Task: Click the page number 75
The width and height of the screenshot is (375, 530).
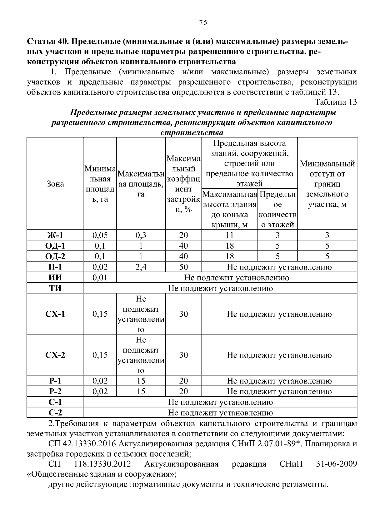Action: (x=203, y=22)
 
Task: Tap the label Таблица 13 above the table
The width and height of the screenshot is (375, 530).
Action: (x=336, y=102)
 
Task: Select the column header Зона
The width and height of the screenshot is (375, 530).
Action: (x=55, y=184)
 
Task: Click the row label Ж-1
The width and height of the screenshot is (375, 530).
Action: (x=55, y=235)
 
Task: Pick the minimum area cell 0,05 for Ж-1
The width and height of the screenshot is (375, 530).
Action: (x=100, y=235)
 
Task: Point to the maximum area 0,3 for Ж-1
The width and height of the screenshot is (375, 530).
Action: (x=141, y=235)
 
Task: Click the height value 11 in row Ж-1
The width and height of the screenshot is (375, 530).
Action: (x=230, y=235)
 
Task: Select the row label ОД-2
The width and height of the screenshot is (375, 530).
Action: (x=55, y=256)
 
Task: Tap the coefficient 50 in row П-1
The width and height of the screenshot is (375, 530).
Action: (x=183, y=267)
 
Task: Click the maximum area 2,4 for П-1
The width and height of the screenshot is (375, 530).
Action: (x=141, y=267)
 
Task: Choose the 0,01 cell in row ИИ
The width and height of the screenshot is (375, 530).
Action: (x=100, y=278)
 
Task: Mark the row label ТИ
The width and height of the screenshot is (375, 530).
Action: (x=55, y=288)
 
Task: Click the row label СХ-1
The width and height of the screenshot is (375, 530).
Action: (x=55, y=314)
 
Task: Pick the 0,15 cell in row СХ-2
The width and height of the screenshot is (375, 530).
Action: (x=100, y=355)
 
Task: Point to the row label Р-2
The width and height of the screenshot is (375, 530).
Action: (x=55, y=392)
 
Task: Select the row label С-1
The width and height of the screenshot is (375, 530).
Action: (x=55, y=402)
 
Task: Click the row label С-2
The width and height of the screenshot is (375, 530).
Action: (x=55, y=413)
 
